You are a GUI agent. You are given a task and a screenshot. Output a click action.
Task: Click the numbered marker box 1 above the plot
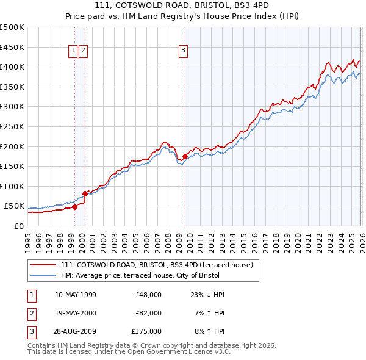pos(73,51)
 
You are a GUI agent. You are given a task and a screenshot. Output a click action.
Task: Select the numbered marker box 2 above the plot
pos(84,51)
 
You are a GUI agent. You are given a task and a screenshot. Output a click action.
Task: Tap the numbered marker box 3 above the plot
pos(184,51)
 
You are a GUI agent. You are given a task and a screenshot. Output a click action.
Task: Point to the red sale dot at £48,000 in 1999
pos(74,207)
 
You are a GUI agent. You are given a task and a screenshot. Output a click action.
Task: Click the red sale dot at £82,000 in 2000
pos(85,193)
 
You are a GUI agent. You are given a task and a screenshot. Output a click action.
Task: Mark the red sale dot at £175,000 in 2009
pos(185,156)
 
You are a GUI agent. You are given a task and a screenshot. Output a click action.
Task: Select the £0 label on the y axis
pos(18,226)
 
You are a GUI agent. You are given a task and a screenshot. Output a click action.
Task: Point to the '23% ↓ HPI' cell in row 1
pos(207,295)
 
